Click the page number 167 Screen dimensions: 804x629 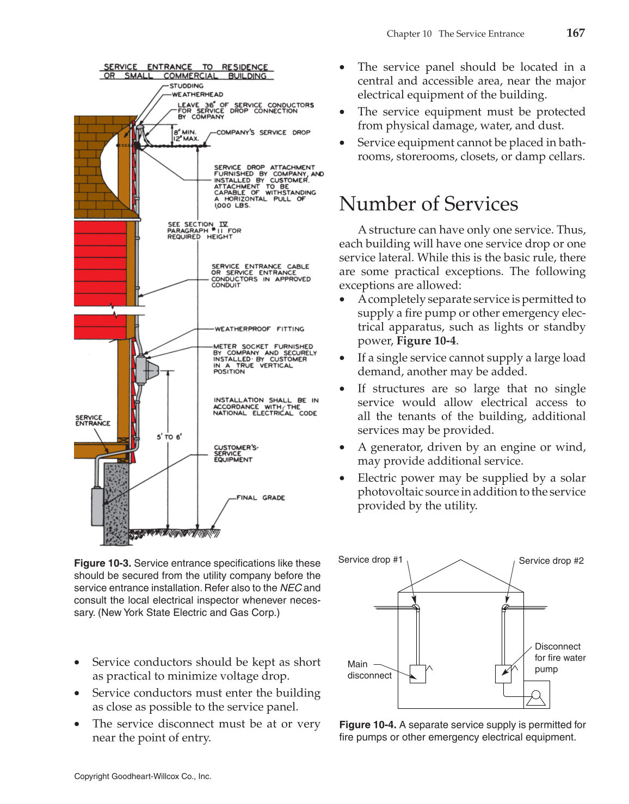point(575,33)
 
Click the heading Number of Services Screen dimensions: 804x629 point(428,204)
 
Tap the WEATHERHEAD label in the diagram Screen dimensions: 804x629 point(197,95)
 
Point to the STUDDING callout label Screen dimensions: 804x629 point(186,86)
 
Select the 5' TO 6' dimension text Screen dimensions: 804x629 point(169,437)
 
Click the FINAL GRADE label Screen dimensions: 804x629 point(260,497)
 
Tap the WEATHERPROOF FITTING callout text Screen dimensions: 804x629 point(259,329)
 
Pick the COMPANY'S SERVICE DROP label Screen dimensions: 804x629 point(263,132)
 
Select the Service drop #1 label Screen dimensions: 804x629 point(370,560)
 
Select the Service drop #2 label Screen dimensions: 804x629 point(551,560)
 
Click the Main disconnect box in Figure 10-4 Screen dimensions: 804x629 point(417,674)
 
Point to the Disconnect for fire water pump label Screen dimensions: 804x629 point(559,658)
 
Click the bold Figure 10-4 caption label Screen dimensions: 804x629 point(367,725)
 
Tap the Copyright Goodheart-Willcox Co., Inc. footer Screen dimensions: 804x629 point(143,776)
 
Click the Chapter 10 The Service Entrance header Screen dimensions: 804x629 point(455,34)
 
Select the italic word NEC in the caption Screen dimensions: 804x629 point(291,588)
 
